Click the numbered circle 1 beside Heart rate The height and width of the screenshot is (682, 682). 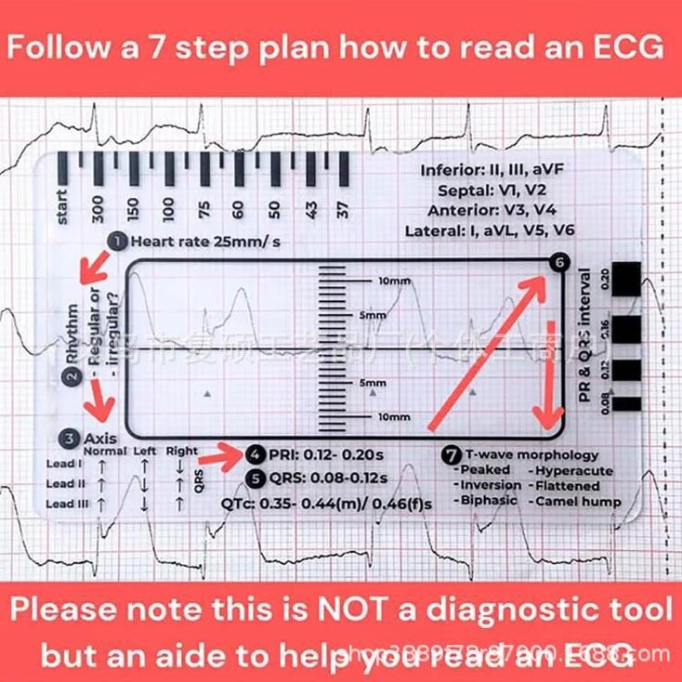pyautogui.click(x=118, y=241)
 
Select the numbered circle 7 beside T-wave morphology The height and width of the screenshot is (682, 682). pyautogui.click(x=452, y=455)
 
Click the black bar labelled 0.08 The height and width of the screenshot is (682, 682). pyautogui.click(x=627, y=403)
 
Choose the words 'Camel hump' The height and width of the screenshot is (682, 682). pyautogui.click(x=578, y=501)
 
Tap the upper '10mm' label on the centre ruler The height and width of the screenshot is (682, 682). pyautogui.click(x=394, y=281)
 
